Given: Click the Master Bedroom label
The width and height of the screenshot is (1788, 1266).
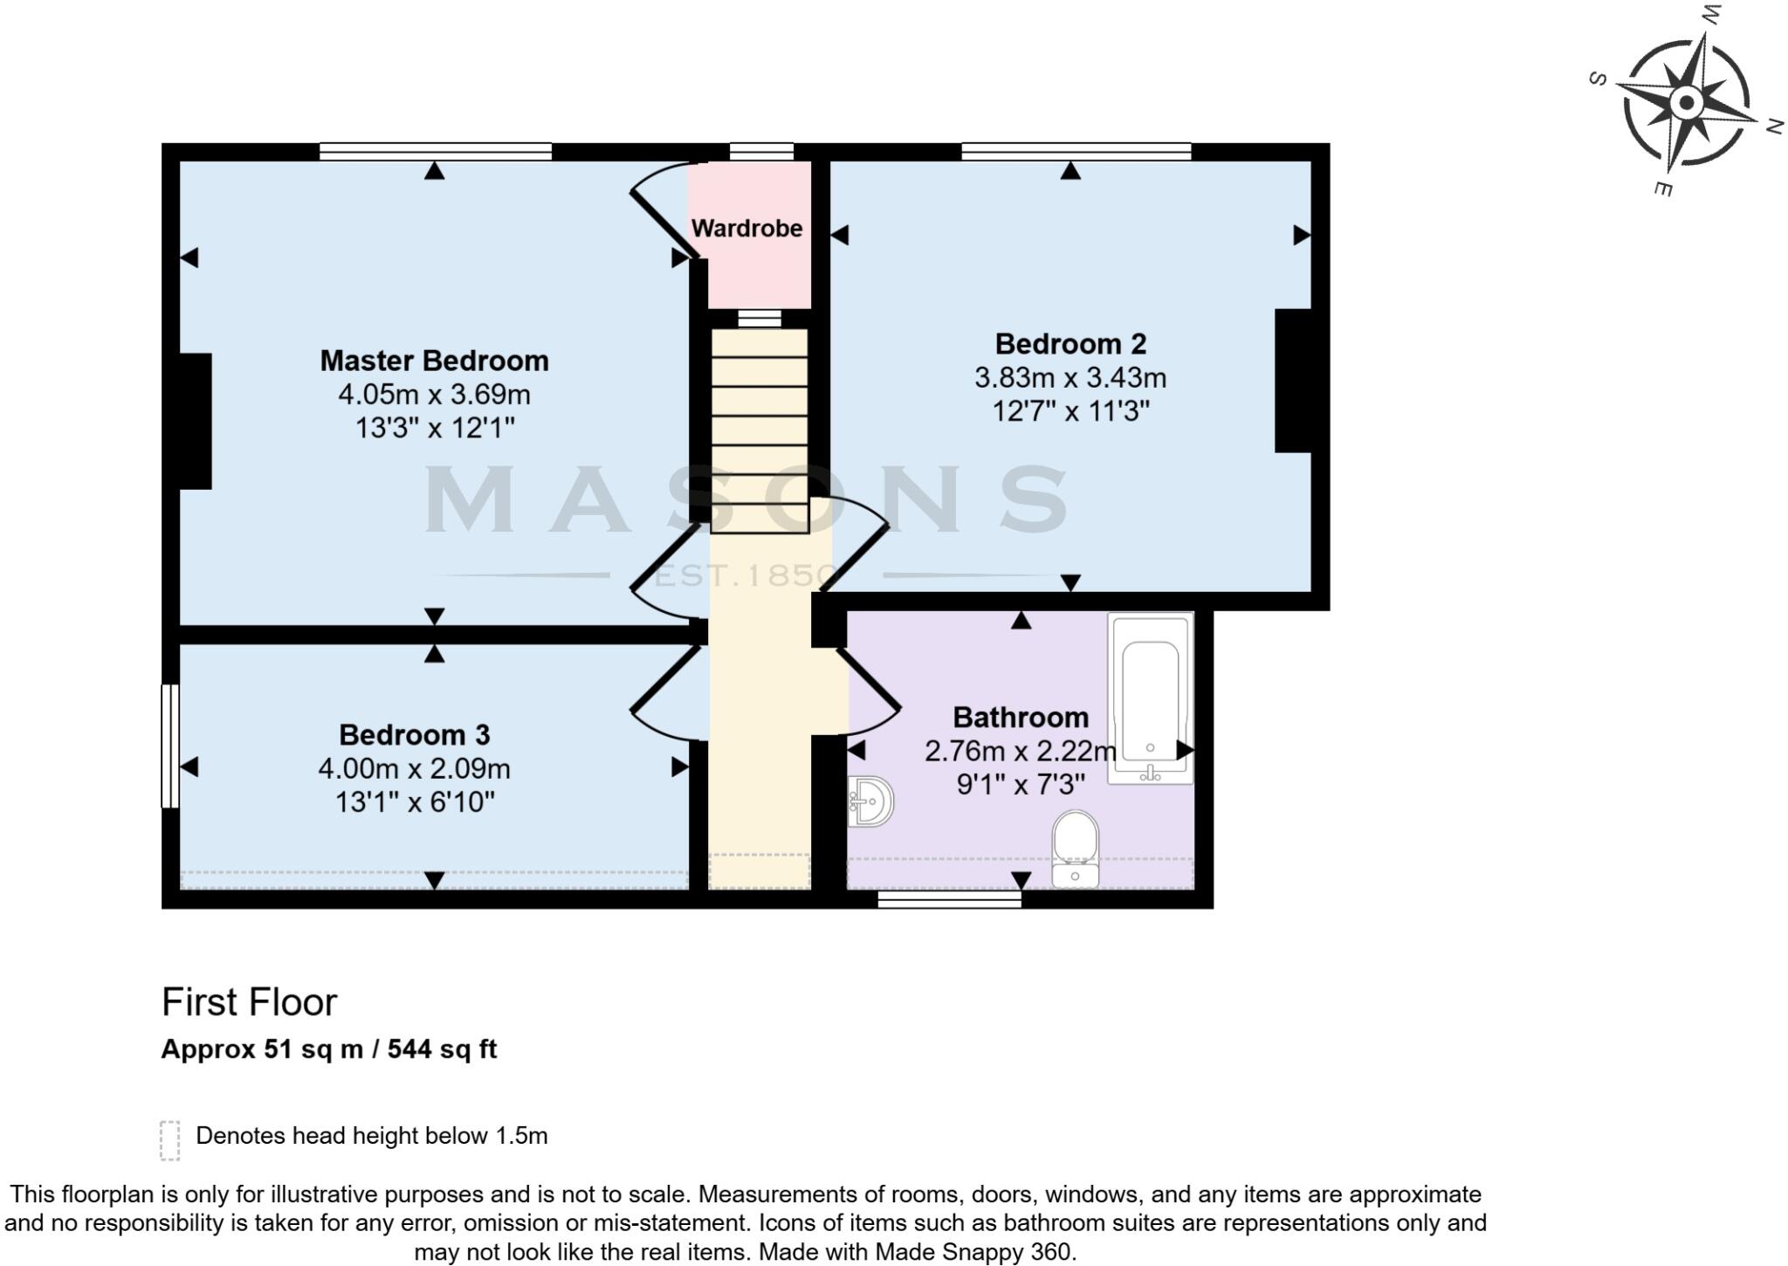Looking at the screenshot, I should click(x=434, y=361).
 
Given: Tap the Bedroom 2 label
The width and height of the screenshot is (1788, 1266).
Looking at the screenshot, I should click(x=1070, y=344).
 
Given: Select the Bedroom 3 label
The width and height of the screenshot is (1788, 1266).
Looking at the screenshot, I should click(x=414, y=735).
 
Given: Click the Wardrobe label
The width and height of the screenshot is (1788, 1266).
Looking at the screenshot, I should click(x=746, y=229).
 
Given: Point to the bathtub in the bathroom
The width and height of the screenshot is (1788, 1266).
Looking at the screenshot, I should click(x=1150, y=698).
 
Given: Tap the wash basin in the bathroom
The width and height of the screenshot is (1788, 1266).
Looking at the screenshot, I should click(x=871, y=802).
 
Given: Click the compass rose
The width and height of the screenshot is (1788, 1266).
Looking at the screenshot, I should click(x=1687, y=104).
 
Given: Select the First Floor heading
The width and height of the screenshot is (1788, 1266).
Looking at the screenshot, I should click(x=249, y=1003).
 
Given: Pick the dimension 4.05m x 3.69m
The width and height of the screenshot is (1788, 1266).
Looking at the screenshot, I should click(x=434, y=395).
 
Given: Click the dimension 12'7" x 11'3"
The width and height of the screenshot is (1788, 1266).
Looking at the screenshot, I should click(x=1070, y=411).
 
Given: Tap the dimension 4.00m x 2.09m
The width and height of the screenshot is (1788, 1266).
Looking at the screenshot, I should click(x=414, y=769).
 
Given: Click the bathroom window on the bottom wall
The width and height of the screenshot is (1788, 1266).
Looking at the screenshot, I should click(x=949, y=899).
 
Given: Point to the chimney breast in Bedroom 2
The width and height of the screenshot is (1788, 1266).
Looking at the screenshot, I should click(x=1293, y=381).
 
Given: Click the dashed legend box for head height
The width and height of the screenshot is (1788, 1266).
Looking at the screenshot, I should click(x=170, y=1140).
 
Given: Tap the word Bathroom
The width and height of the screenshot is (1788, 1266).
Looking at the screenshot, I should click(x=1021, y=718).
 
